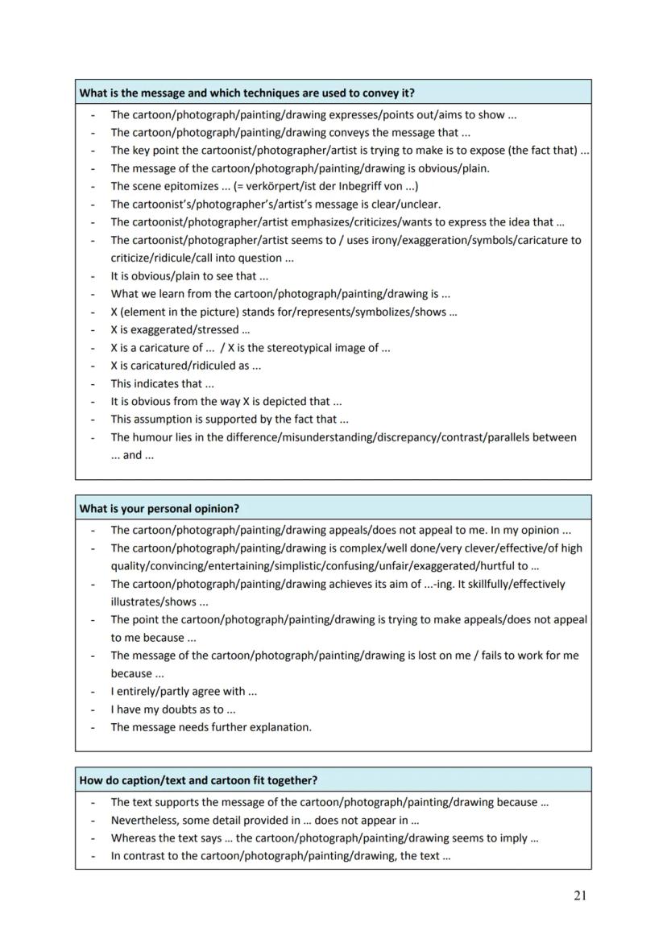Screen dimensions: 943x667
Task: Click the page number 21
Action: [580, 896]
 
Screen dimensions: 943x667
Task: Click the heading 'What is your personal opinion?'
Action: [159, 509]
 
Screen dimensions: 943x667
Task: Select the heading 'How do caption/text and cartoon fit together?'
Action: [198, 780]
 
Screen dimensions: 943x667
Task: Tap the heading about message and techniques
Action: [246, 93]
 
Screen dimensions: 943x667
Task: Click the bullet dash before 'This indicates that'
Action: [93, 384]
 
